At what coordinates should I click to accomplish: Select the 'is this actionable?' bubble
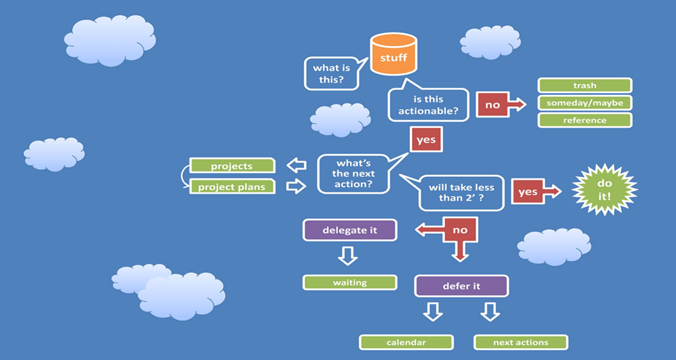pos(428,105)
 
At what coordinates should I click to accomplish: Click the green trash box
pos(584,85)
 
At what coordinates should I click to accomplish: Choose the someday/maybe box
pos(584,103)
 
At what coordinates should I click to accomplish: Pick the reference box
pos(584,120)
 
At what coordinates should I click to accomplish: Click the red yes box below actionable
pos(426,140)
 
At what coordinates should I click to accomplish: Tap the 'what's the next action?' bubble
pos(355,174)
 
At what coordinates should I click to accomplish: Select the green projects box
pos(232,166)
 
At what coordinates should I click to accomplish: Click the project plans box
pos(232,187)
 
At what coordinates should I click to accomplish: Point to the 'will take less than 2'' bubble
pos(461,192)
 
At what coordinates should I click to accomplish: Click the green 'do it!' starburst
pos(604,190)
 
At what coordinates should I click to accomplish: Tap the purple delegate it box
pos(349,230)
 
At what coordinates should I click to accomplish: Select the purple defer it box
pos(461,286)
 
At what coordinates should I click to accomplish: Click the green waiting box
pos(349,283)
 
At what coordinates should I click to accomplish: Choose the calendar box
pos(406,342)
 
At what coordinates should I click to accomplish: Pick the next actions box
pos(520,342)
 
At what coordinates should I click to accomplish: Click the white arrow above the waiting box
pos(348,256)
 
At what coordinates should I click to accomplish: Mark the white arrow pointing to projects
pos(296,165)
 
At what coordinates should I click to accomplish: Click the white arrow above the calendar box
pos(432,312)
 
